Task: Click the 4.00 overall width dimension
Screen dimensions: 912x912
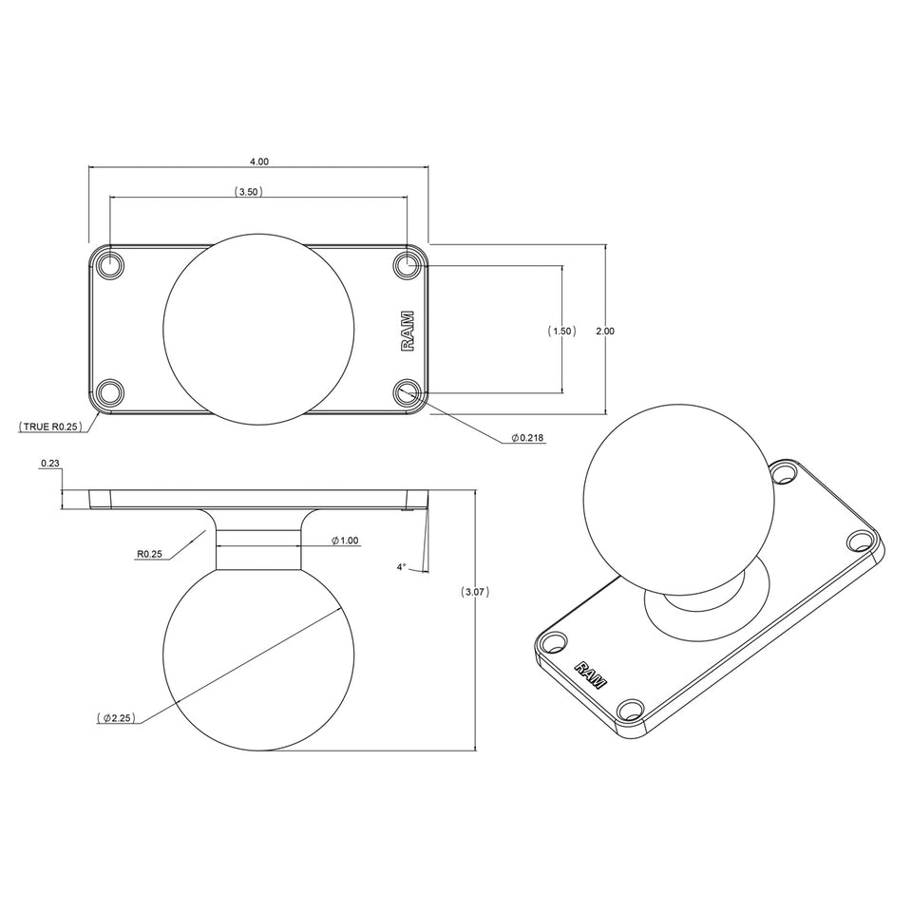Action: (x=258, y=161)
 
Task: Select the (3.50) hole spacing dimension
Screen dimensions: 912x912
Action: (x=248, y=191)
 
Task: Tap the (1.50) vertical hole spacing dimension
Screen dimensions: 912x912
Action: (x=561, y=331)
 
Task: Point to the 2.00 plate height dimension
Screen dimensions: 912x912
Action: (x=604, y=331)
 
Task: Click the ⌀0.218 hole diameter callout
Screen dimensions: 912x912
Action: (x=528, y=438)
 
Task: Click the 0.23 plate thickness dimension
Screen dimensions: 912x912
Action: (x=50, y=464)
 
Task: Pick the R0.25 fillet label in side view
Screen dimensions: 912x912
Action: (x=149, y=553)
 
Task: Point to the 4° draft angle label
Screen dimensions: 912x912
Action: (x=401, y=567)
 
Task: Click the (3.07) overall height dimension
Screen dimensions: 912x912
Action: (x=475, y=592)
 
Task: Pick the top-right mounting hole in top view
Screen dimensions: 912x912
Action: (x=409, y=264)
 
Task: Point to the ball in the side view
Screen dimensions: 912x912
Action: (x=259, y=655)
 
